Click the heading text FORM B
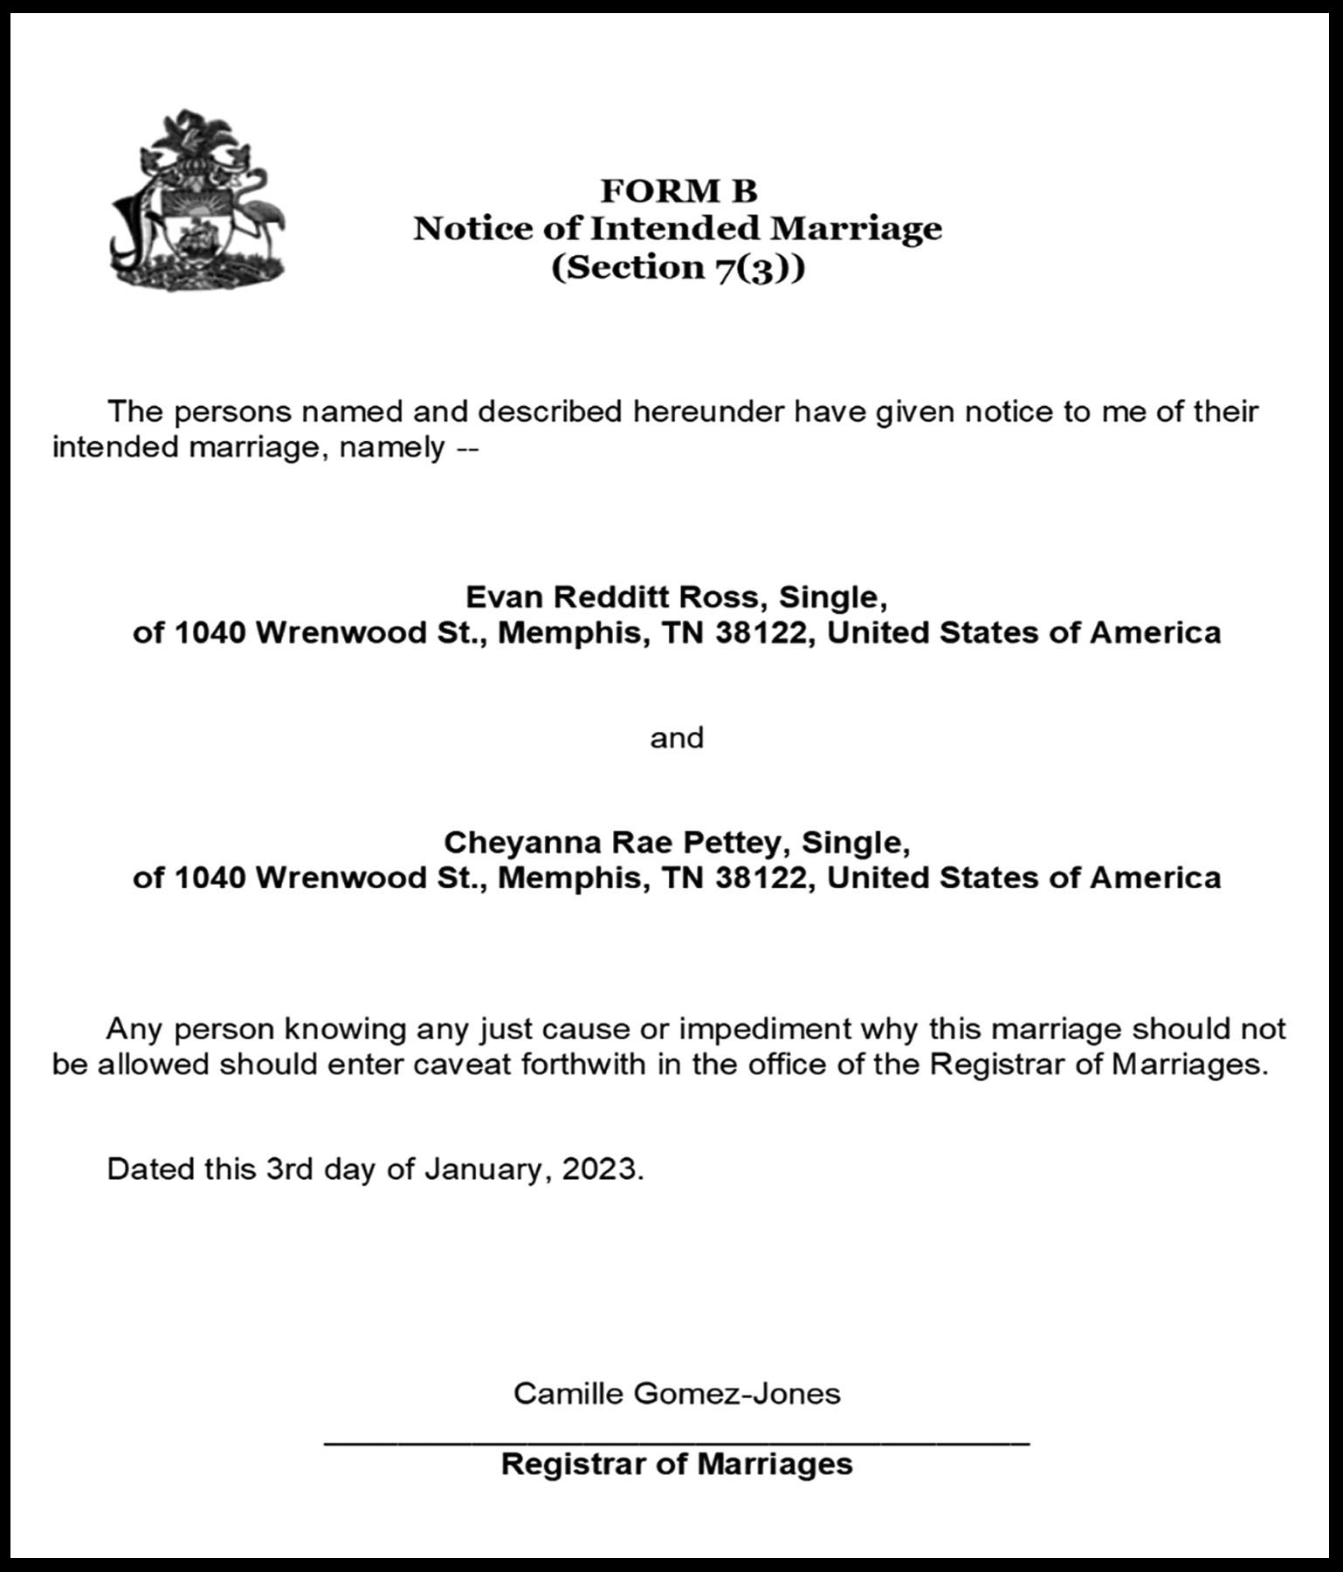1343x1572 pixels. click(x=678, y=190)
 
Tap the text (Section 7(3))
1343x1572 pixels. click(x=678, y=266)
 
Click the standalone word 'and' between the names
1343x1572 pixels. click(x=677, y=738)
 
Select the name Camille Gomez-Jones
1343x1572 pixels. click(x=677, y=1392)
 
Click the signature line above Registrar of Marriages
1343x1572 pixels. click(x=677, y=1443)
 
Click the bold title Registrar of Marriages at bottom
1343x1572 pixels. click(x=677, y=1464)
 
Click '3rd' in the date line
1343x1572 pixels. click(x=289, y=1169)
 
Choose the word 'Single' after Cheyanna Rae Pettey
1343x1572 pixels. click(x=853, y=842)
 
